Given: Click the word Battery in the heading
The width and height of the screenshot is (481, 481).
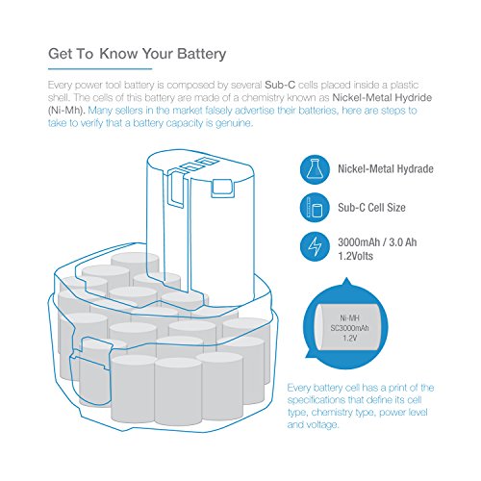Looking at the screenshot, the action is [x=202, y=54].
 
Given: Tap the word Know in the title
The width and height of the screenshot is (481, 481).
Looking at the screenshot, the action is [x=118, y=53].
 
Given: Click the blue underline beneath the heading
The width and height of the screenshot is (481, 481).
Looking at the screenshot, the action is [x=100, y=68].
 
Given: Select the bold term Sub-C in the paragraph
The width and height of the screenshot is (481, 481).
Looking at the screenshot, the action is [x=280, y=85].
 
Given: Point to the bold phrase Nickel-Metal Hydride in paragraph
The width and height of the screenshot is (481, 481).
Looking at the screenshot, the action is [x=382, y=97].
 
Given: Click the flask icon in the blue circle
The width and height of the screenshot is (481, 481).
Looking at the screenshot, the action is [x=315, y=169].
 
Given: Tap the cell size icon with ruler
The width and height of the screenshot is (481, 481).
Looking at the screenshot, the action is [x=315, y=208].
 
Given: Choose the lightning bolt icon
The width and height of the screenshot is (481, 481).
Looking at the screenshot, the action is [x=315, y=246].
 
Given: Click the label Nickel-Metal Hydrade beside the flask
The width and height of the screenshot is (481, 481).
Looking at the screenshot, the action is [x=386, y=169].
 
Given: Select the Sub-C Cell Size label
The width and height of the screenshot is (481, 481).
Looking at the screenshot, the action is [x=371, y=208].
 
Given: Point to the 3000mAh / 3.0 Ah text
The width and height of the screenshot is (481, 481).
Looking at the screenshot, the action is [x=377, y=242].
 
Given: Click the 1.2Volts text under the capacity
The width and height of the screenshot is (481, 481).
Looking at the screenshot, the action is [x=356, y=256].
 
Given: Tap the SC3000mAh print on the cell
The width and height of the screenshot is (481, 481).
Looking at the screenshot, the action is [x=349, y=328].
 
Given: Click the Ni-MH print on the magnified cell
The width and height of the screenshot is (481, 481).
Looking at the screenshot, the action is [x=349, y=318].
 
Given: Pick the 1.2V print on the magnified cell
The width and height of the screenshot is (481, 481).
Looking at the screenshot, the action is [x=349, y=338].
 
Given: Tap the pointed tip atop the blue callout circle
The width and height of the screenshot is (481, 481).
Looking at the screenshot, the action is [x=345, y=279].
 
